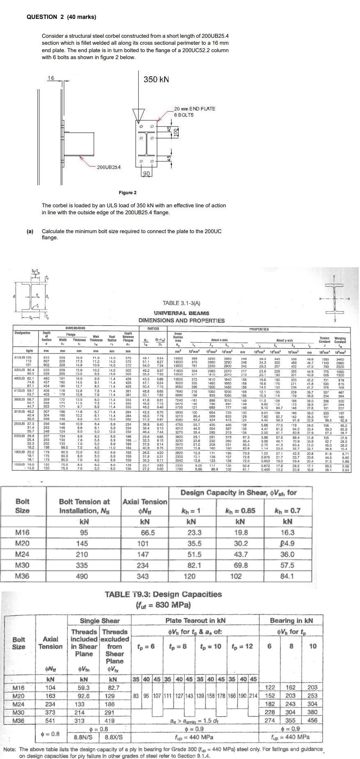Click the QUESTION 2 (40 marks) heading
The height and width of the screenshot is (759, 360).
pos(61,17)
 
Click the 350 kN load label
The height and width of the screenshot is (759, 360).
pos(156,79)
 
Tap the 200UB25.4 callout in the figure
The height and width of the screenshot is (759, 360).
pos(109,167)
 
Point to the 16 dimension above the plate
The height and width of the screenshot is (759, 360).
pos(50,78)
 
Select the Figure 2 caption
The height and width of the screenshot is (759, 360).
pos(128,193)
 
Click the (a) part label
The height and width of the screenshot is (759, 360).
pos(30,232)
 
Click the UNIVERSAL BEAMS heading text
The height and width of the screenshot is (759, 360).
pos(181,313)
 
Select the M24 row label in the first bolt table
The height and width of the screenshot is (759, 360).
pos(22,554)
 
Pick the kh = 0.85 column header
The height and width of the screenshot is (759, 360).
pos(240,511)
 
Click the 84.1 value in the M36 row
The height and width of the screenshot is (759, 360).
pos(287,576)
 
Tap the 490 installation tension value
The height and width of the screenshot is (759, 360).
pos(82,576)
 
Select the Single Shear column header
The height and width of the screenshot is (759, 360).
pos(100,621)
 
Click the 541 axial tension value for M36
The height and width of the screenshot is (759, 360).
pos(50,720)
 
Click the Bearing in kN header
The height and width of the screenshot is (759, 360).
pos(291,621)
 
